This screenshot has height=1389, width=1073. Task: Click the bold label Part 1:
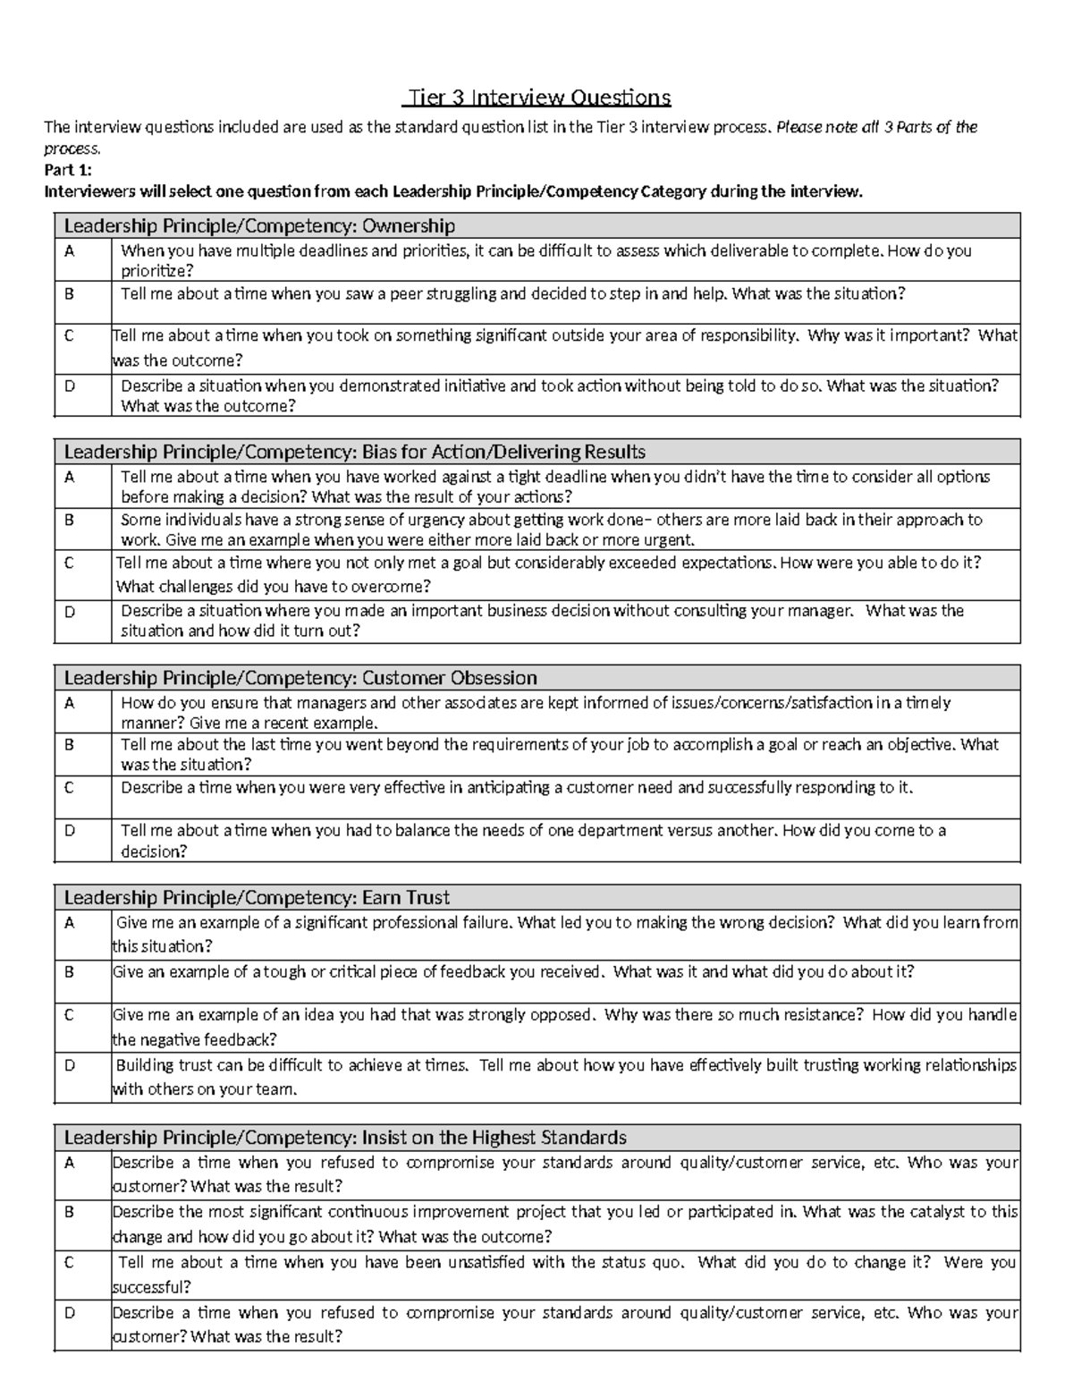[68, 170]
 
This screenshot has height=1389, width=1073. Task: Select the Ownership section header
[259, 225]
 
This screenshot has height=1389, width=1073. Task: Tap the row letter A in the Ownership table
[69, 251]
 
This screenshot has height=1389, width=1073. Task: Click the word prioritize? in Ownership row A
[156, 271]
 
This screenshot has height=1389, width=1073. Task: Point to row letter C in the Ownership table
[69, 335]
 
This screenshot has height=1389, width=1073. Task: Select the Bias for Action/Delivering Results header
[354, 452]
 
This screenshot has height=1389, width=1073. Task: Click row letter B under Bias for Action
[69, 520]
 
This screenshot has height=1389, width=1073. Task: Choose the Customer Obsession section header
[300, 677]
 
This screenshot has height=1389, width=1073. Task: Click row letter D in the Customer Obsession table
[69, 830]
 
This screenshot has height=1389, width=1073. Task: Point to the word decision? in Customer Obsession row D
[154, 851]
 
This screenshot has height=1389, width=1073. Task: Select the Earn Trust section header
[257, 897]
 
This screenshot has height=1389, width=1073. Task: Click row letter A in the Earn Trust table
[69, 922]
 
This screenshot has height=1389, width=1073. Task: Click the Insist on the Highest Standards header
[344, 1138]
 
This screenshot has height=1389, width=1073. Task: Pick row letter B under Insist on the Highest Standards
[69, 1212]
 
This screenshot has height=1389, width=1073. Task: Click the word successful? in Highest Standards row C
[151, 1287]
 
